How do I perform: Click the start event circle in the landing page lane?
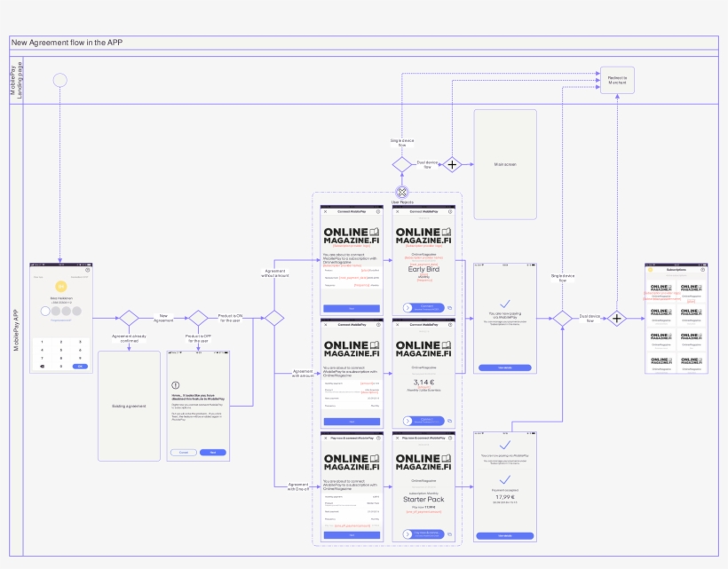click(x=60, y=80)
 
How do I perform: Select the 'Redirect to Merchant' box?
click(x=617, y=81)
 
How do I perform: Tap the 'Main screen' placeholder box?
click(x=505, y=164)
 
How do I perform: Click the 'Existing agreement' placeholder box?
click(x=129, y=406)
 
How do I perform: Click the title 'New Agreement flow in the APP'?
click(x=67, y=43)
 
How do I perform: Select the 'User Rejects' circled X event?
click(x=402, y=192)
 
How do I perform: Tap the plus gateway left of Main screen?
click(x=453, y=164)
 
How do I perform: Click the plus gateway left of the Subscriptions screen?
click(x=617, y=318)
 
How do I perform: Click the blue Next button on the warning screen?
click(x=212, y=452)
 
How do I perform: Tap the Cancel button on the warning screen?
click(x=184, y=452)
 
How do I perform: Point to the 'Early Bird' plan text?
click(x=423, y=269)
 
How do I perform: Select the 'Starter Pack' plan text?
click(x=423, y=499)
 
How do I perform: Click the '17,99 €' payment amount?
click(x=505, y=496)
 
